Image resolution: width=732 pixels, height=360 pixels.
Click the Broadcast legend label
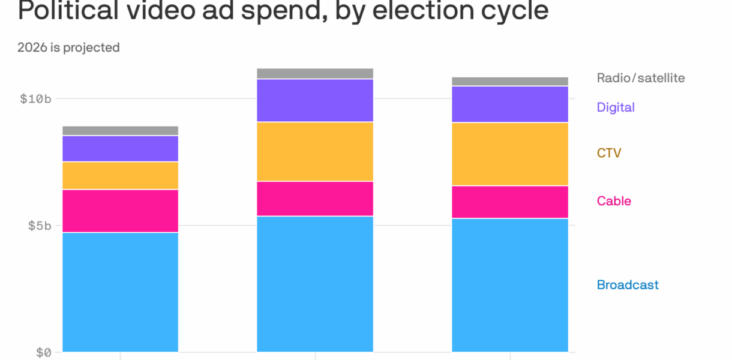click(x=628, y=285)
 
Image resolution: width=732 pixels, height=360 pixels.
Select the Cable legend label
click(x=614, y=201)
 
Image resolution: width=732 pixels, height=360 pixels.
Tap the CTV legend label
click(x=609, y=153)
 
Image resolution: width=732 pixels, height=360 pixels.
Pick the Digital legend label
click(x=616, y=107)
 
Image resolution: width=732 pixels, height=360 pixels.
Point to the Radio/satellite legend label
click(x=640, y=78)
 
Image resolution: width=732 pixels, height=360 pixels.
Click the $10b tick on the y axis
click(x=35, y=98)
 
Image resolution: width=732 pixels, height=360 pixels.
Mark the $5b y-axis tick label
click(x=38, y=226)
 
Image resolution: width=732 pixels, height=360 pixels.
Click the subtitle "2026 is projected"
click(x=68, y=47)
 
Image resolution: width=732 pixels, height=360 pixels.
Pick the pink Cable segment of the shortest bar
click(x=120, y=211)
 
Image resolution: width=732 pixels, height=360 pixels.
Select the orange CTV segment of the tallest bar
click(x=315, y=151)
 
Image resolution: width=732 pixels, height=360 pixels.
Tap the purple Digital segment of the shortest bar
click(x=120, y=148)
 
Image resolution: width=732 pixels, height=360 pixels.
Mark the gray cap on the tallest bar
click(x=315, y=73)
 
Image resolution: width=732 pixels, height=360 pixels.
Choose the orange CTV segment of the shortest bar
click(x=120, y=175)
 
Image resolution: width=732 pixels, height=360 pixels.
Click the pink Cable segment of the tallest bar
click(x=315, y=199)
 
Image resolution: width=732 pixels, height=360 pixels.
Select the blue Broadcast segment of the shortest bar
click(x=120, y=292)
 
